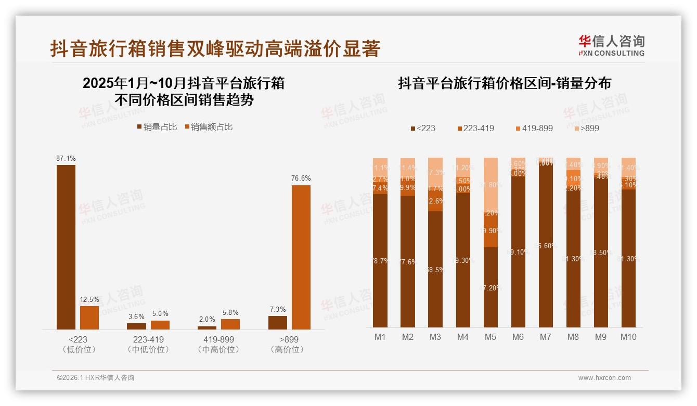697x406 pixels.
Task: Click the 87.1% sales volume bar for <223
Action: pos(66,247)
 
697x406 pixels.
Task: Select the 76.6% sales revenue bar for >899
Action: pos(301,257)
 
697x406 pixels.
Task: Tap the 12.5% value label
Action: pos(89,300)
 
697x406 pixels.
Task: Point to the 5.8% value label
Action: pos(230,313)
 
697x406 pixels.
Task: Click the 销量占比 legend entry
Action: pos(157,126)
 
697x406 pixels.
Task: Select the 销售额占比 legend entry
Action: pos(208,126)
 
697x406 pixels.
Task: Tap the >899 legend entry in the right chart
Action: pos(586,128)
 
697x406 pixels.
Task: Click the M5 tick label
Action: pos(491,337)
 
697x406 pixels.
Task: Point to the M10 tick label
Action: pos(628,337)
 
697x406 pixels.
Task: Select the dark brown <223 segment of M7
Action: pos(546,245)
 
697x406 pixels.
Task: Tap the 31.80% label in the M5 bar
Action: pos(491,185)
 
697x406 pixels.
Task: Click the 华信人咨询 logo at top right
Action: pos(611,45)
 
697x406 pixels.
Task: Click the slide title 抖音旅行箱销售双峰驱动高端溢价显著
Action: pos(215,49)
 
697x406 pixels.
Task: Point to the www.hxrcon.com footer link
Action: pos(604,378)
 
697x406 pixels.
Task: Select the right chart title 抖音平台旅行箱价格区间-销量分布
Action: pos(505,83)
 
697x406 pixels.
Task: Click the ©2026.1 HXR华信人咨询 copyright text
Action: pos(96,378)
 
